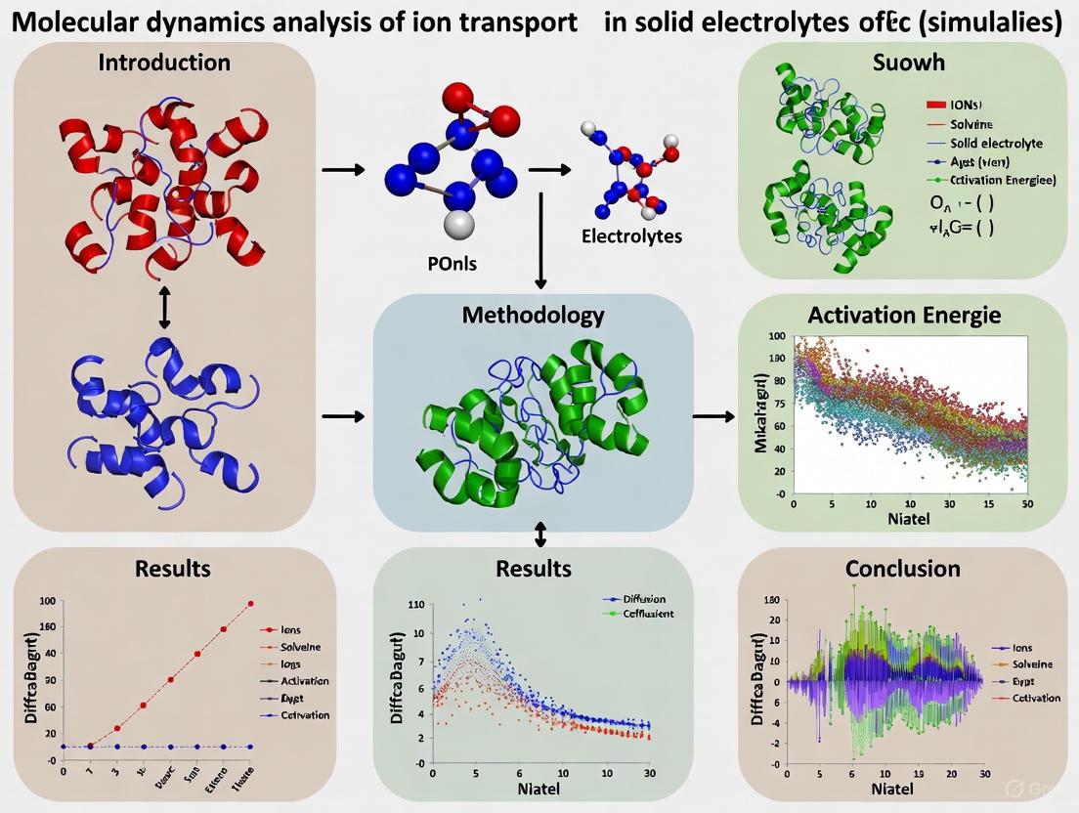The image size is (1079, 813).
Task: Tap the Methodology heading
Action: point(533,315)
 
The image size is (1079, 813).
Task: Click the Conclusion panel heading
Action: point(902,568)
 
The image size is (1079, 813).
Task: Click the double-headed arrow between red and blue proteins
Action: point(164,308)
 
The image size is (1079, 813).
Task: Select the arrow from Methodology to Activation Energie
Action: point(714,417)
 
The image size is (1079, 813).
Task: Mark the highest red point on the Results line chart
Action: point(251,604)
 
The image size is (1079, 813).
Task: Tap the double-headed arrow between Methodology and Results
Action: point(540,535)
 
